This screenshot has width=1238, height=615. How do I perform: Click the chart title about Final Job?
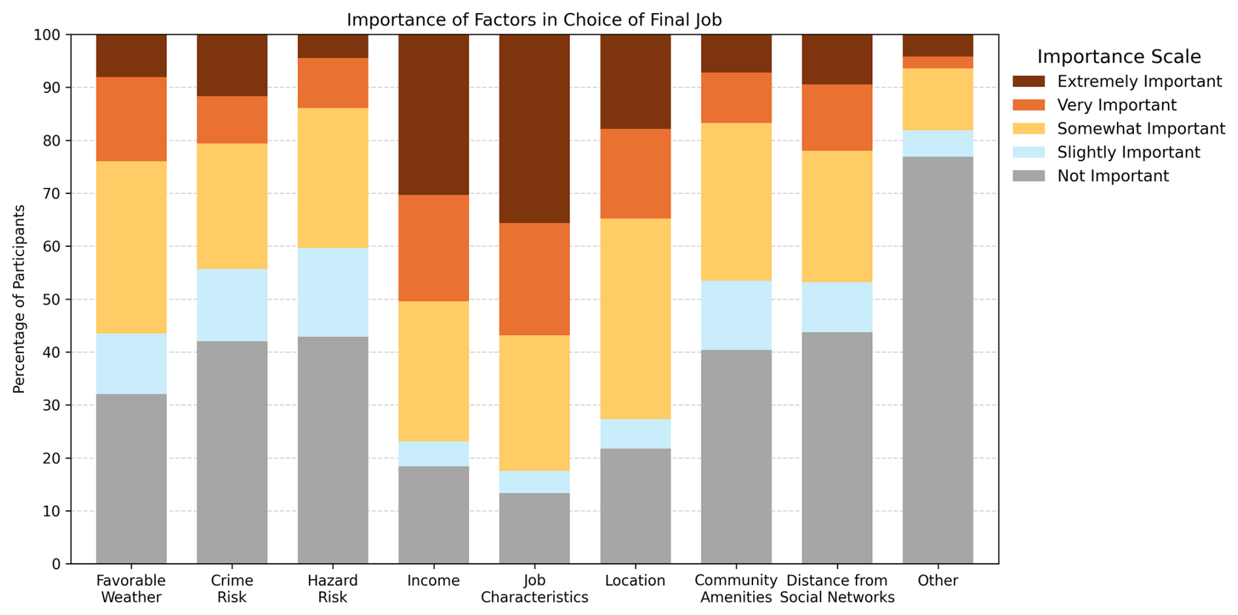pos(534,20)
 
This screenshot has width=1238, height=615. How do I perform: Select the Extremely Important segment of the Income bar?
pos(433,115)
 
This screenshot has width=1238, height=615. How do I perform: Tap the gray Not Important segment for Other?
pos(938,360)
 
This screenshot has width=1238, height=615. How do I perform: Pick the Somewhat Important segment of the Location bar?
pos(635,318)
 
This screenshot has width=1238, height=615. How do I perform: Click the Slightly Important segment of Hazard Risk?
pos(332,292)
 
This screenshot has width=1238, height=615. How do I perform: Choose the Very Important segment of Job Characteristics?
pos(534,279)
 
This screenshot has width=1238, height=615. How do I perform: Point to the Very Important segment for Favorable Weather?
pos(131,119)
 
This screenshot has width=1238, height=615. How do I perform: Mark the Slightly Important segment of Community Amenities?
pos(736,315)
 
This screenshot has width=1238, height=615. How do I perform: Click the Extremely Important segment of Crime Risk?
pos(232,65)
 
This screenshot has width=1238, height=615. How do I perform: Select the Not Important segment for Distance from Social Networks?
pos(837,448)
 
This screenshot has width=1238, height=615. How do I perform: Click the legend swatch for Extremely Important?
pos(1029,81)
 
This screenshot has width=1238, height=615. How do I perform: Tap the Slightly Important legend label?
pos(1128,153)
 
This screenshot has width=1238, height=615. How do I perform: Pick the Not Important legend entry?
pos(1112,176)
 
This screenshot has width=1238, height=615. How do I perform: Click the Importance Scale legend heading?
pos(1118,57)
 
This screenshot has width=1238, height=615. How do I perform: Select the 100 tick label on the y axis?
pos(46,35)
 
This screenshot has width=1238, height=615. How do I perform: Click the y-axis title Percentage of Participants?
pos(19,299)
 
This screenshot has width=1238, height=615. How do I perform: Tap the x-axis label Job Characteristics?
pos(534,589)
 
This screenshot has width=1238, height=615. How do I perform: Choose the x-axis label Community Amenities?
pos(736,589)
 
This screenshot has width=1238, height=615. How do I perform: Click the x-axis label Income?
pos(433,581)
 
